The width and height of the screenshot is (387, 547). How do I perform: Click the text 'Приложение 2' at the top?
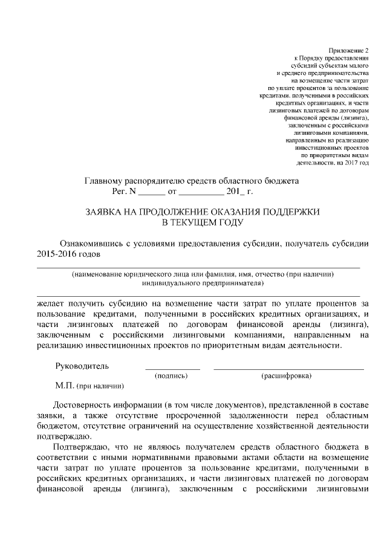pyautogui.click(x=350, y=48)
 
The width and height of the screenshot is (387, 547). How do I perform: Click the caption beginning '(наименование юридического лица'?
pyautogui.click(x=203, y=274)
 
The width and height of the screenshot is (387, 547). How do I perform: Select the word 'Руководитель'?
pyautogui.click(x=82, y=366)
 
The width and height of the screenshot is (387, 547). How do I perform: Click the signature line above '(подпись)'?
pyautogui.click(x=172, y=368)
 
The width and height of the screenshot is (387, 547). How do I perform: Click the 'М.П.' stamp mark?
pyautogui.click(x=63, y=385)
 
